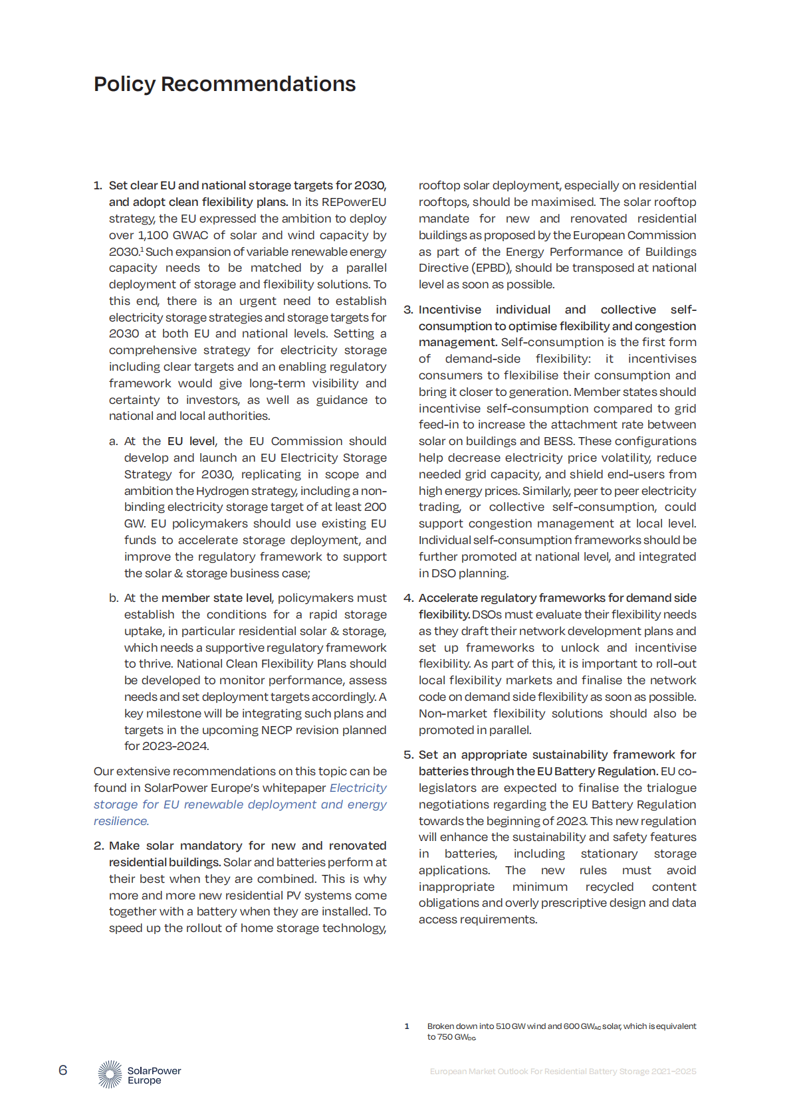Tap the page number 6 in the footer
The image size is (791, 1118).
click(63, 1070)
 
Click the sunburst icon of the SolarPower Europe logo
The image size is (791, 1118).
click(110, 1074)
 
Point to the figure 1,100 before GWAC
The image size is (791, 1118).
click(153, 235)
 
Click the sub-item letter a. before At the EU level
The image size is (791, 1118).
click(114, 441)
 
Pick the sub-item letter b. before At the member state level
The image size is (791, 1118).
click(114, 598)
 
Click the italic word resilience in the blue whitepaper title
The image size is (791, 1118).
click(120, 821)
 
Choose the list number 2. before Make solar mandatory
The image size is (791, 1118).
click(98, 846)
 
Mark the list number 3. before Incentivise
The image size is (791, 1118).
click(408, 310)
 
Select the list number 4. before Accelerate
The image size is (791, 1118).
click(408, 598)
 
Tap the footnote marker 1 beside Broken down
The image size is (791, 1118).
click(407, 1026)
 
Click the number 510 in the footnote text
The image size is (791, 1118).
click(503, 1026)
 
